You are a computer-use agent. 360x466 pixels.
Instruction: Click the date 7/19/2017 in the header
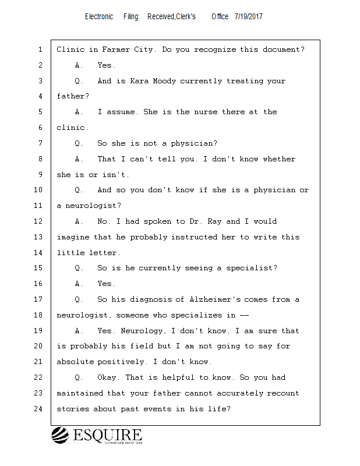249,16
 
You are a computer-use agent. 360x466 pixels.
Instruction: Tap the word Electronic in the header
99,16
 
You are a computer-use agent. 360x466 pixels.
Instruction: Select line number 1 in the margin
39,50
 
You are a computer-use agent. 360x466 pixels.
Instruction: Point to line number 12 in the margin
39,221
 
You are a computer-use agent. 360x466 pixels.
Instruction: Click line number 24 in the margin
39,409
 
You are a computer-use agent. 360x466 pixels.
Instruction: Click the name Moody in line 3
165,81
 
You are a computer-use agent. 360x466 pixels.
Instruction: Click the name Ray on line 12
216,221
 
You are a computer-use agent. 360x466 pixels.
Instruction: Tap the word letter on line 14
105,253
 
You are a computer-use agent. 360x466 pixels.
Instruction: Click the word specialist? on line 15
250,269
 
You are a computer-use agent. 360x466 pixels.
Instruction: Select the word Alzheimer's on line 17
215,299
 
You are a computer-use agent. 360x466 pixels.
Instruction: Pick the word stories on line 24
73,409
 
